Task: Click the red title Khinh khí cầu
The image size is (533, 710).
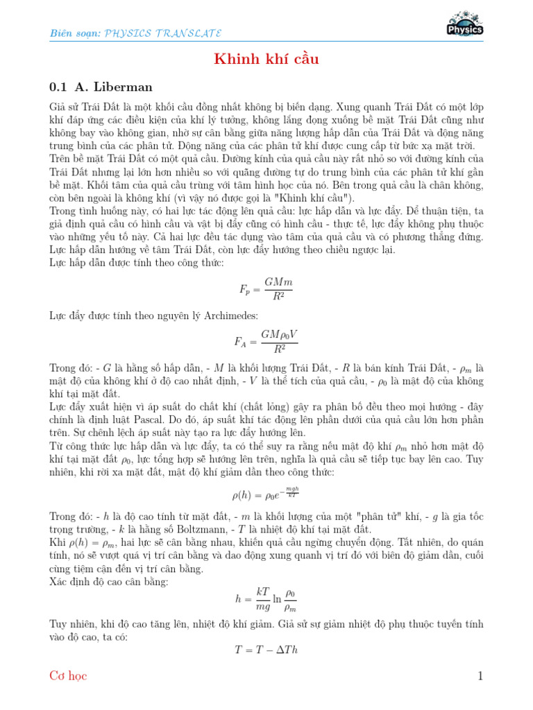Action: coord(266,60)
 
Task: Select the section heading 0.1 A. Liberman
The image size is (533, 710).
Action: coord(101,87)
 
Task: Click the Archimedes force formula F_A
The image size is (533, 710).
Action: coord(266,341)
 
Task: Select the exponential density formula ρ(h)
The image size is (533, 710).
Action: coord(266,495)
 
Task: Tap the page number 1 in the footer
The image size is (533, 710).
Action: coord(479,676)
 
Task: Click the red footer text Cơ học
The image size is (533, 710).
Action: coord(69,676)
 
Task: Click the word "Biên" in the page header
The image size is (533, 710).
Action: coord(61,33)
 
